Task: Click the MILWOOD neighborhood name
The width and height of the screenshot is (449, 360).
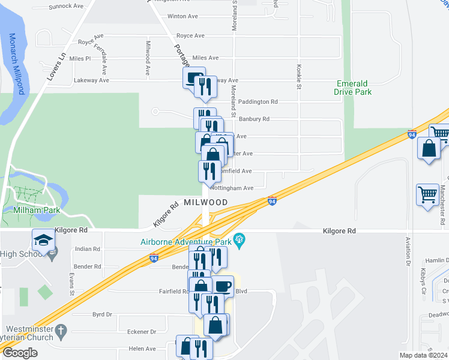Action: pyautogui.click(x=206, y=202)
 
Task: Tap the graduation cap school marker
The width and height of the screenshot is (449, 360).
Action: pyautogui.click(x=43, y=241)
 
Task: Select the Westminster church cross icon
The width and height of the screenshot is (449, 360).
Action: pyautogui.click(x=61, y=331)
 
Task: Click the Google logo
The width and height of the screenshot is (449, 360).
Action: pyautogui.click(x=20, y=353)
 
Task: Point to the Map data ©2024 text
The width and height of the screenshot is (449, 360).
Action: pyautogui.click(x=424, y=355)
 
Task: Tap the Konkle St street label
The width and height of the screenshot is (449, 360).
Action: pyautogui.click(x=298, y=77)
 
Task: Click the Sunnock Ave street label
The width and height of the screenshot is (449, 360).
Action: pyautogui.click(x=66, y=6)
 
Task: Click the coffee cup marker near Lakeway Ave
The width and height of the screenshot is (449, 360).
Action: pyautogui.click(x=194, y=78)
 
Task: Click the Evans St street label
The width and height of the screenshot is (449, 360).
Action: pyautogui.click(x=71, y=283)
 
